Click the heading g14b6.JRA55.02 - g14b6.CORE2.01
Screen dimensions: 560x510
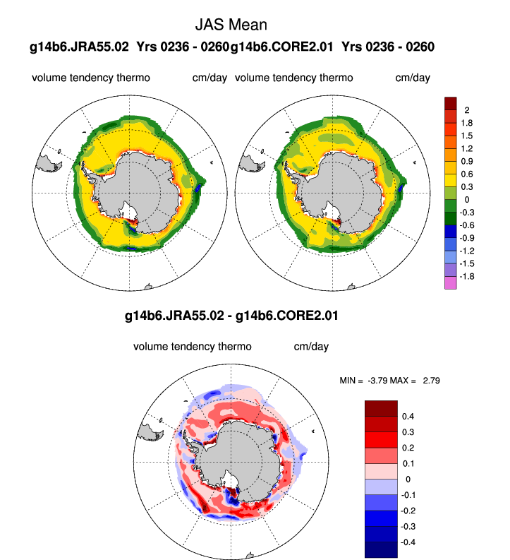coord(231,316)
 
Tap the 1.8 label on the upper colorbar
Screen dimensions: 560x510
coord(466,123)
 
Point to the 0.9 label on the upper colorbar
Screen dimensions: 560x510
coord(466,161)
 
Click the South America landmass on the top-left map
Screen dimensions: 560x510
coord(51,162)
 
